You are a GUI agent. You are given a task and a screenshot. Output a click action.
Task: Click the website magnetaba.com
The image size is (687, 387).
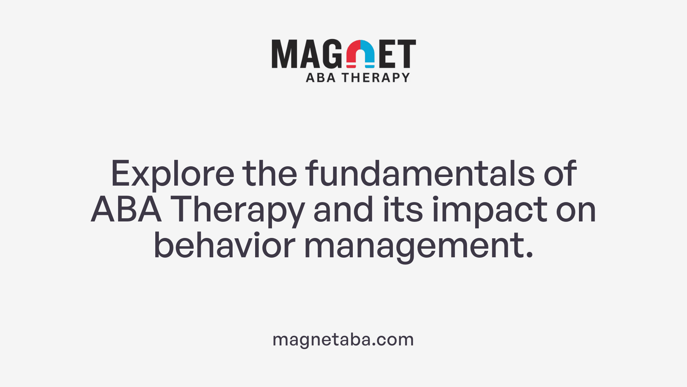tap(343, 339)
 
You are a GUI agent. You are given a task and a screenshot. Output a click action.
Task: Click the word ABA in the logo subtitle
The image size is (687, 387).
tap(321, 77)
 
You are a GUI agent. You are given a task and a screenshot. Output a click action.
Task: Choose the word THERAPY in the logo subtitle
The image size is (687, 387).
tap(375, 77)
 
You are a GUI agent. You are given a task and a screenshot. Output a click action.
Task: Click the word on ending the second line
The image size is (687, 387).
tap(576, 210)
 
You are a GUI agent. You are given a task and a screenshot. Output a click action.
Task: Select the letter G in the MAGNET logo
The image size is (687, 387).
tap(333, 54)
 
